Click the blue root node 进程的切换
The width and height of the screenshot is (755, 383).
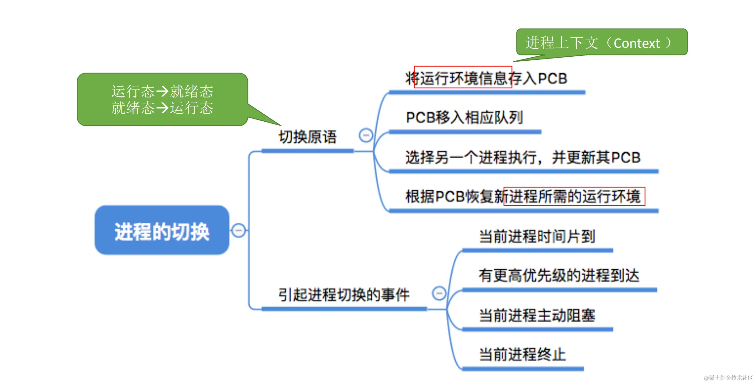tap(162, 230)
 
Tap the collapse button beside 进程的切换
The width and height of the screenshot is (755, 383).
tap(239, 230)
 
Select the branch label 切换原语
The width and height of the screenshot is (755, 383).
tap(308, 137)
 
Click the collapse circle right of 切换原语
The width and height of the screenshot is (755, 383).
tap(366, 135)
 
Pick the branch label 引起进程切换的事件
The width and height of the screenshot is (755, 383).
tap(344, 295)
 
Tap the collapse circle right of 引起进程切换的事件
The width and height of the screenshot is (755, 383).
tap(439, 293)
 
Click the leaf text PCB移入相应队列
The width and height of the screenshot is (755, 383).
tap(464, 118)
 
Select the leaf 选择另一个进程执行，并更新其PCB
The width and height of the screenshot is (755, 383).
tap(523, 157)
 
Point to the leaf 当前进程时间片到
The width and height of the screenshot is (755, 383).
tap(537, 237)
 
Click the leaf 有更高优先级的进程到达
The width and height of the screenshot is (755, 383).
tap(559, 275)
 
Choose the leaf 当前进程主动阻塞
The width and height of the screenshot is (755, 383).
tap(537, 315)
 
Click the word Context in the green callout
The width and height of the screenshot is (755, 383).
tap(637, 44)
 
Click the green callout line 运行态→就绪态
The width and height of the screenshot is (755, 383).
tap(162, 91)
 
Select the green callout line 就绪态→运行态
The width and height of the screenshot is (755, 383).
tap(162, 108)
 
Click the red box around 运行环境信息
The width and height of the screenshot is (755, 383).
tap(463, 77)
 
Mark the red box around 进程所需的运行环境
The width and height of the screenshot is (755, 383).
tap(574, 196)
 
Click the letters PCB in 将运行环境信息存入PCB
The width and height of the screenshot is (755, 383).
tap(553, 79)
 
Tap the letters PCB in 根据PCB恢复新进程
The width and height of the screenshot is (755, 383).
tap(450, 197)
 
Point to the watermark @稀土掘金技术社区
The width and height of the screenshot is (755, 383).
tap(728, 378)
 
